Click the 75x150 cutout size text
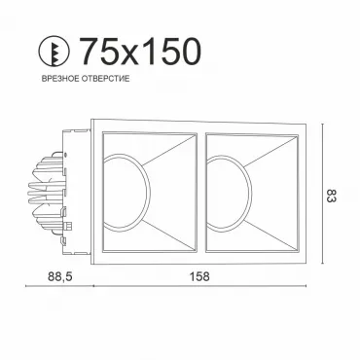[140, 51]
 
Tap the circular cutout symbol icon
[54, 51]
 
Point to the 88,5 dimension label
[59, 276]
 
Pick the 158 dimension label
[199, 276]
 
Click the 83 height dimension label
[331, 196]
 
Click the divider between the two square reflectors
[201, 192]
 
